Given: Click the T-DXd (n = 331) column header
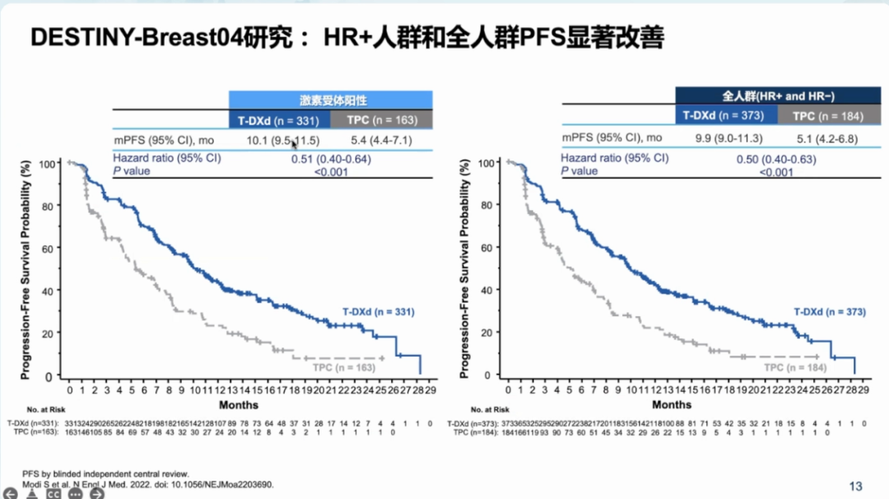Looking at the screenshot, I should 279,120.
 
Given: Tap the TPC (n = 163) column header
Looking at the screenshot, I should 382,120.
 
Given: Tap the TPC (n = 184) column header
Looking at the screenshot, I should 827,116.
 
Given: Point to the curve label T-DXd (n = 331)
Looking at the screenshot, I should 379,312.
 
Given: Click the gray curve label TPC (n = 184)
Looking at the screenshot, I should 795,367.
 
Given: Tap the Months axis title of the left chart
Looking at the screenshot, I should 239,404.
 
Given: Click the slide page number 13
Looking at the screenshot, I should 855,486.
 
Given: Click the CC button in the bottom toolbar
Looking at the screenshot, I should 54,494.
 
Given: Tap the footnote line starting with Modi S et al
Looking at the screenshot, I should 148,485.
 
